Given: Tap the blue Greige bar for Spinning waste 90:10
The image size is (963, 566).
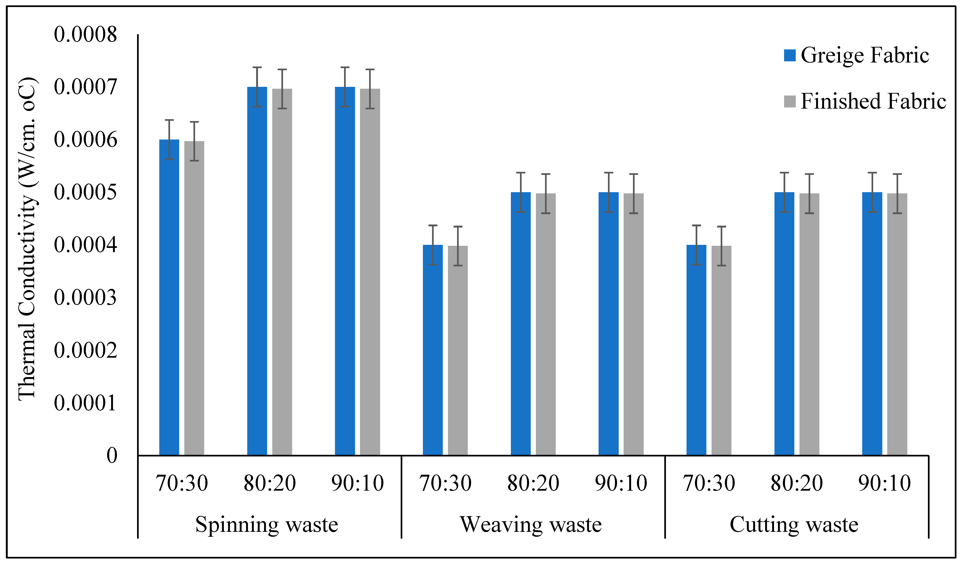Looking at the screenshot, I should (x=345, y=272).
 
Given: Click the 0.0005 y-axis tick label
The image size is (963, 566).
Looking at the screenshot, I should (x=85, y=192).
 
